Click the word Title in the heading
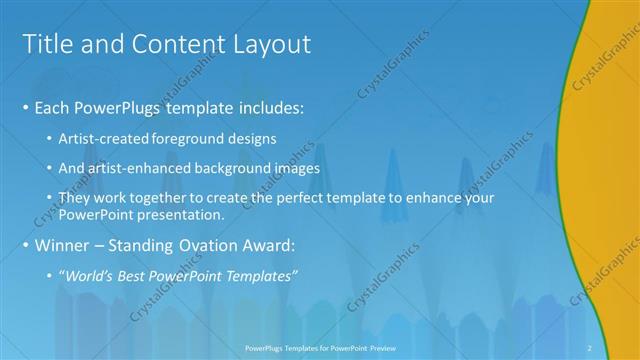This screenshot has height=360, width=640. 46,44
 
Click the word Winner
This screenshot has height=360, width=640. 62,245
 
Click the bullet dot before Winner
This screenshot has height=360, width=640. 24,246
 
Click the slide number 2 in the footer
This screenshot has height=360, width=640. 590,346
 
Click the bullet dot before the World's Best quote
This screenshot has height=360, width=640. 51,276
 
